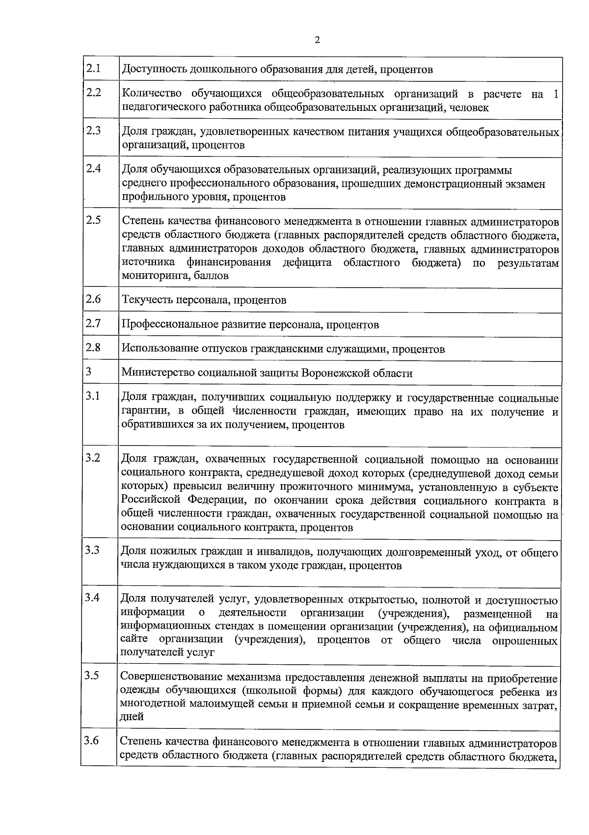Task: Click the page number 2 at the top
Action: coord(317,40)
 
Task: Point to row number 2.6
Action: coord(93,298)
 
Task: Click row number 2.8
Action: coord(93,347)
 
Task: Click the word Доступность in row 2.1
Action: coord(153,69)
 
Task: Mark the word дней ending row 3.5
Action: coord(132,716)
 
